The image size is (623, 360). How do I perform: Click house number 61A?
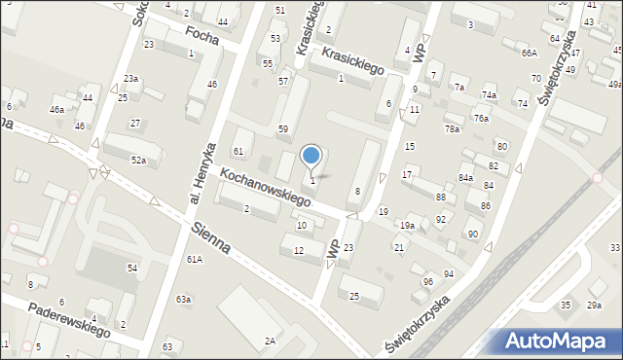pos(195,259)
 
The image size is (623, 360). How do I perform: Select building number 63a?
pos(183,300)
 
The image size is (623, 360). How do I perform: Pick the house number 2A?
pos(270,341)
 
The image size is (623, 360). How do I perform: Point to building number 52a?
pos(139,160)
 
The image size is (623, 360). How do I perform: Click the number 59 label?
pos(283,128)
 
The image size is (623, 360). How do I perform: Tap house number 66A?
pos(529,53)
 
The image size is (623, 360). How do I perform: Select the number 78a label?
pos(452,128)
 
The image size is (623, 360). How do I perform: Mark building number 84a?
pos(466,177)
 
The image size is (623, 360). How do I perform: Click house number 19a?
pos(407,225)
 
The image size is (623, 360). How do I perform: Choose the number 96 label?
pos(426,282)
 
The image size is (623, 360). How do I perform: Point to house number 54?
pos(132,267)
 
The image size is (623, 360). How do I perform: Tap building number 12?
pos(299,251)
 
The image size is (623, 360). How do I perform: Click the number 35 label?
pos(566,306)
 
